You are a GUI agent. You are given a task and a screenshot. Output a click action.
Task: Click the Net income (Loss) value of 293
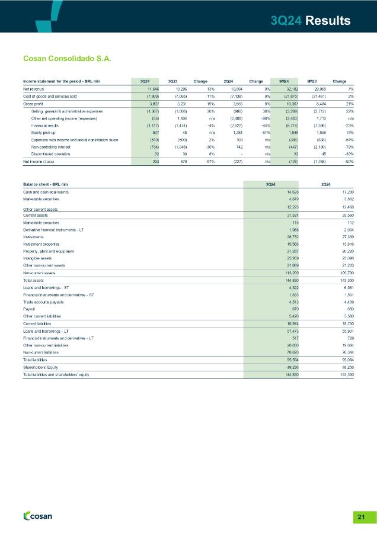(x=152, y=160)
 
